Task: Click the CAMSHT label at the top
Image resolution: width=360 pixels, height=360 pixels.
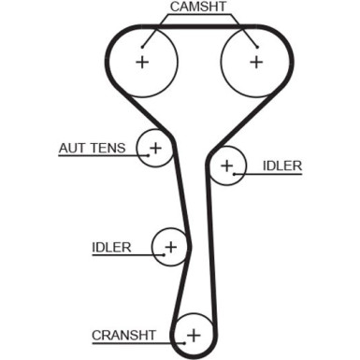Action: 198,7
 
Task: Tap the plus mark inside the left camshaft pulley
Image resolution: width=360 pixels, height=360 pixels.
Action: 142,63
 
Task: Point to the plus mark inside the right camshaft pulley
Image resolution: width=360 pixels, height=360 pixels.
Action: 255,63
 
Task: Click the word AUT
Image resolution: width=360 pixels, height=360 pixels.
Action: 72,149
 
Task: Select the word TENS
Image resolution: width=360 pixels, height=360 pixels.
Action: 110,149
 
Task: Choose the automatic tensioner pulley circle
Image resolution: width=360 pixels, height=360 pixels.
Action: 155,147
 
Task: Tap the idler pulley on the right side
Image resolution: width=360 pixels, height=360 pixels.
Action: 227,167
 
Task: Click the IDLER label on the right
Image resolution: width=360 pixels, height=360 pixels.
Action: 281,166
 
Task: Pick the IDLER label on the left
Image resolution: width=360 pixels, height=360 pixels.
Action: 111,248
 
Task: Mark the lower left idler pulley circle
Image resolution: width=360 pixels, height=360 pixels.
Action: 170,248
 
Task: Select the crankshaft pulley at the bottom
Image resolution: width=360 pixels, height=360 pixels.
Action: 194,334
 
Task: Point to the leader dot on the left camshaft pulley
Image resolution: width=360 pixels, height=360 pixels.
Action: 143,46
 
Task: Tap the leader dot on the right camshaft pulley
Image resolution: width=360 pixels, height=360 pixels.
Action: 253,46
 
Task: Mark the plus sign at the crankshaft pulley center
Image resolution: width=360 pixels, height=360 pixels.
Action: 194,334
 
